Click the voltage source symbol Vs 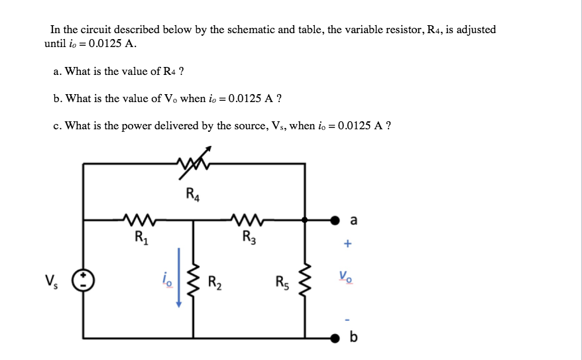click(83, 280)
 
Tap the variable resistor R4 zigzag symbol click(194, 163)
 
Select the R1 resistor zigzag click(139, 219)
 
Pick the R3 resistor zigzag click(247, 219)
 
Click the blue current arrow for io click(179, 278)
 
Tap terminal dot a click(335, 221)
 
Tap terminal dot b click(335, 338)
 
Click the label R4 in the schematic click(193, 194)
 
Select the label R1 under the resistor click(141, 237)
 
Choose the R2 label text click(215, 282)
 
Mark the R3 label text click(249, 237)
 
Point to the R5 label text click(282, 282)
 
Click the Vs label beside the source click(51, 281)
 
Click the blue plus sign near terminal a click(347, 243)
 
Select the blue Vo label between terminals click(345, 276)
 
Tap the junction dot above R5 click(305, 220)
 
